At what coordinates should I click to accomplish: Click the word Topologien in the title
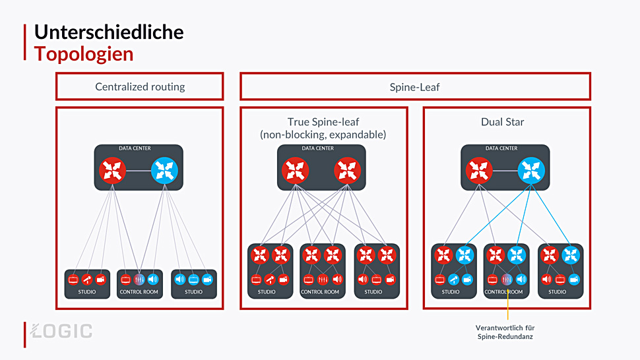click(84, 54)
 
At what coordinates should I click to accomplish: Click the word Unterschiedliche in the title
click(109, 32)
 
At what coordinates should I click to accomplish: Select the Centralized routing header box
click(140, 86)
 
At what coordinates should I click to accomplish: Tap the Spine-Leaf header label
click(415, 87)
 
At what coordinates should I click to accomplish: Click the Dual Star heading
click(503, 122)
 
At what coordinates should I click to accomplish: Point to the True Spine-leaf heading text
click(323, 128)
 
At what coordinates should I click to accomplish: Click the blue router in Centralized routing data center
click(164, 170)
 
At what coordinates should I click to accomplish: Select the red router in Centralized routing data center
click(112, 170)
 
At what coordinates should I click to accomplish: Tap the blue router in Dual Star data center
click(531, 170)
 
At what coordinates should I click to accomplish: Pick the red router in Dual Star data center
click(479, 170)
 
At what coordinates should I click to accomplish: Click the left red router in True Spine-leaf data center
click(295, 170)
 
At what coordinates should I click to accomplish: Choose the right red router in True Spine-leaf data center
click(347, 170)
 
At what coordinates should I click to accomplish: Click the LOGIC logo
click(61, 331)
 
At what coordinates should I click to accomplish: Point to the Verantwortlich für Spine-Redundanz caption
click(505, 332)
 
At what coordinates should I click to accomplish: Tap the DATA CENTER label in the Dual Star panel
click(501, 148)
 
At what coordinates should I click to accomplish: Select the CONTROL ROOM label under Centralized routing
click(139, 292)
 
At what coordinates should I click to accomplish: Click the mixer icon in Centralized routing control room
click(139, 280)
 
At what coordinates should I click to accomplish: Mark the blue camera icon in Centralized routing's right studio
click(207, 280)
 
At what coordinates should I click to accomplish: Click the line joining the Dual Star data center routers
click(505, 170)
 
